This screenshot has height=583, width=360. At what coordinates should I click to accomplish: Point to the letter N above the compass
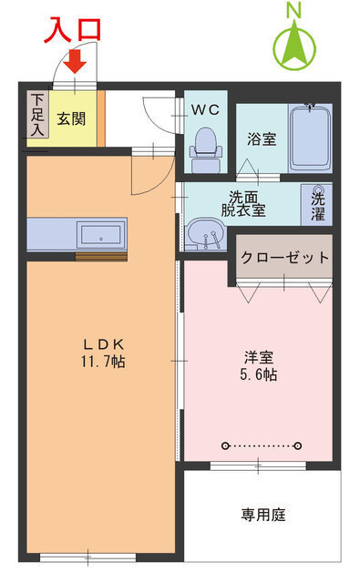pyautogui.click(x=294, y=10)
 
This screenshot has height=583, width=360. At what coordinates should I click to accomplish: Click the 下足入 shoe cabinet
pyautogui.click(x=36, y=115)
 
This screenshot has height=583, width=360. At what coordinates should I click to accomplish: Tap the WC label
pyautogui.click(x=205, y=109)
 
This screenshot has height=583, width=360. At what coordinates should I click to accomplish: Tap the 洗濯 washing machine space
pyautogui.click(x=317, y=203)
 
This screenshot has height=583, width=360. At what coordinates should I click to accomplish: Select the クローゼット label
pyautogui.click(x=284, y=258)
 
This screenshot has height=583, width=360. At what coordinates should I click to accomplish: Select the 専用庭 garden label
pyautogui.click(x=262, y=515)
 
